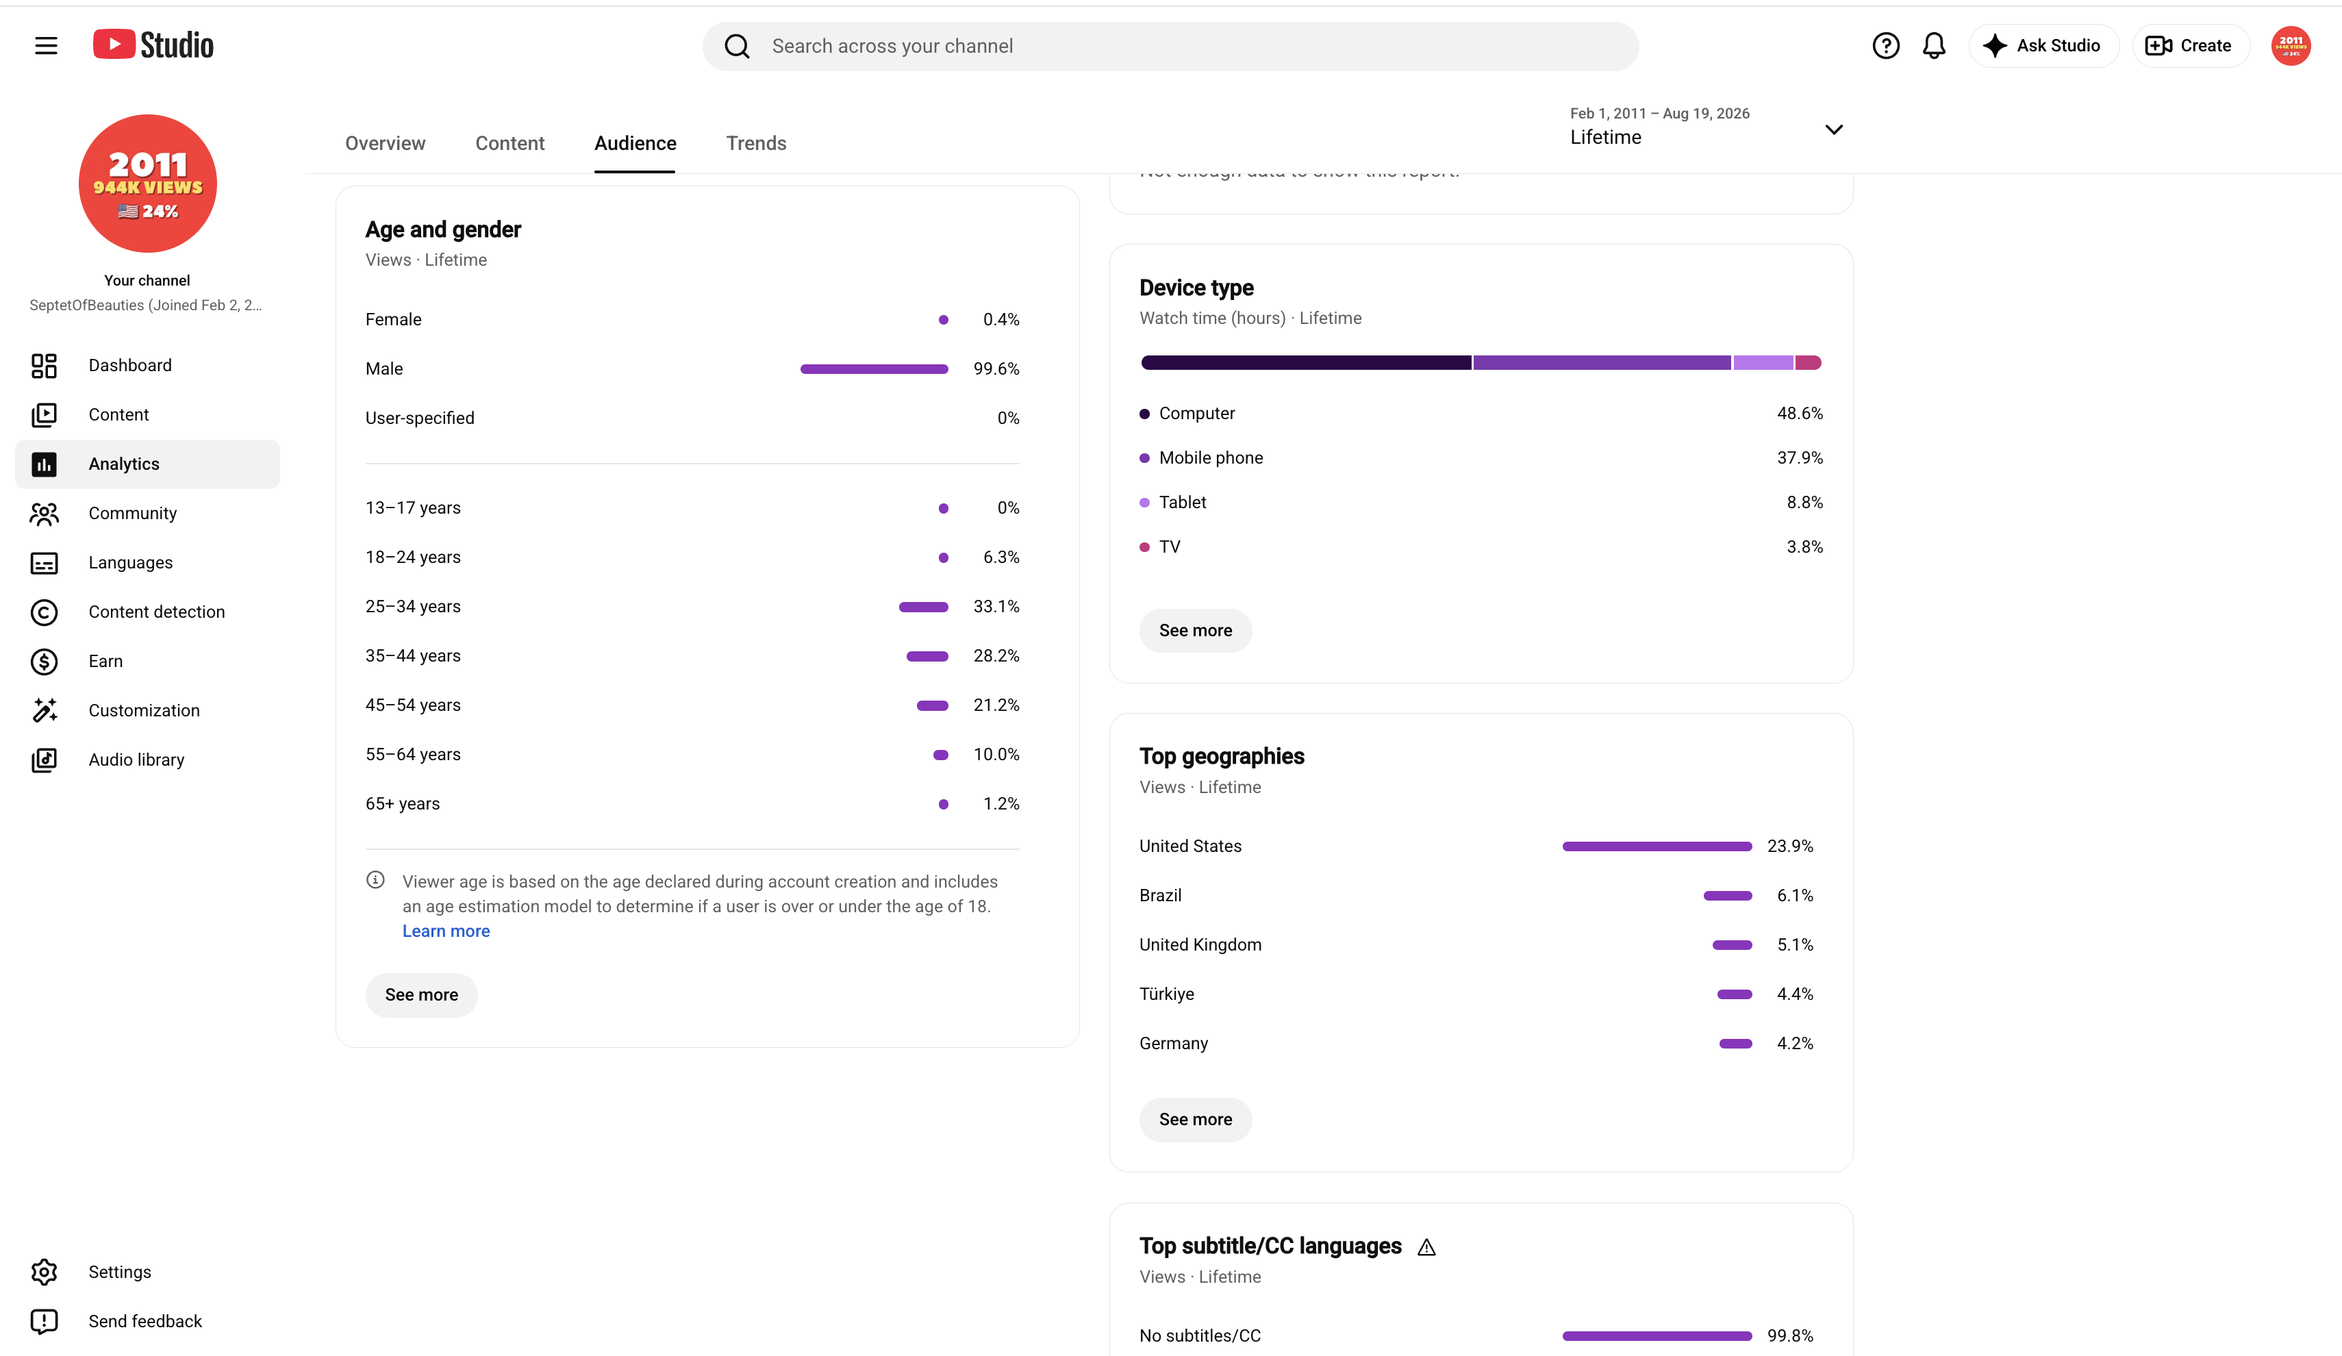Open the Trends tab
click(x=755, y=143)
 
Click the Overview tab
click(x=385, y=143)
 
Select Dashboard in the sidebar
click(x=129, y=365)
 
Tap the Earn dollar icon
click(x=45, y=661)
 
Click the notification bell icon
click(x=1934, y=45)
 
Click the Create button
click(x=2189, y=45)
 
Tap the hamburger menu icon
click(x=45, y=45)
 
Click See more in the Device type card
click(x=1195, y=630)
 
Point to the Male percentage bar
click(x=874, y=369)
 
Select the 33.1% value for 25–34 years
click(x=996, y=606)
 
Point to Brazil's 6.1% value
click(x=1795, y=895)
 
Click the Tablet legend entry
click(x=1182, y=502)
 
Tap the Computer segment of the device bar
click(x=1306, y=362)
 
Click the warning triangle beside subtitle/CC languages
click(x=1426, y=1247)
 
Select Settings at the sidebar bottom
click(x=119, y=1272)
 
